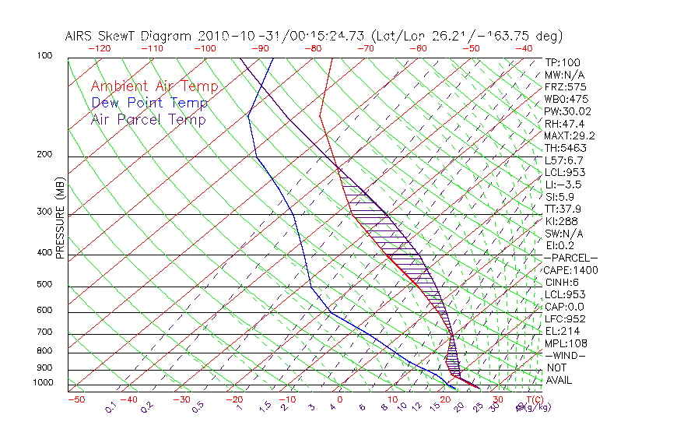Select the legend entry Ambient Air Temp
click(x=154, y=86)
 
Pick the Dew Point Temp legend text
click(x=149, y=103)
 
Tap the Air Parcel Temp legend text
click(x=148, y=119)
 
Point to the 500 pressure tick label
click(x=46, y=285)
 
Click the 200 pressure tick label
click(x=46, y=155)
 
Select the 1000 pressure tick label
click(x=44, y=383)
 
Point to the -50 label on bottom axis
click(x=75, y=399)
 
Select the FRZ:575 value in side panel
click(x=565, y=86)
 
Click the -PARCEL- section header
click(x=570, y=258)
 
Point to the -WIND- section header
click(x=565, y=355)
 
